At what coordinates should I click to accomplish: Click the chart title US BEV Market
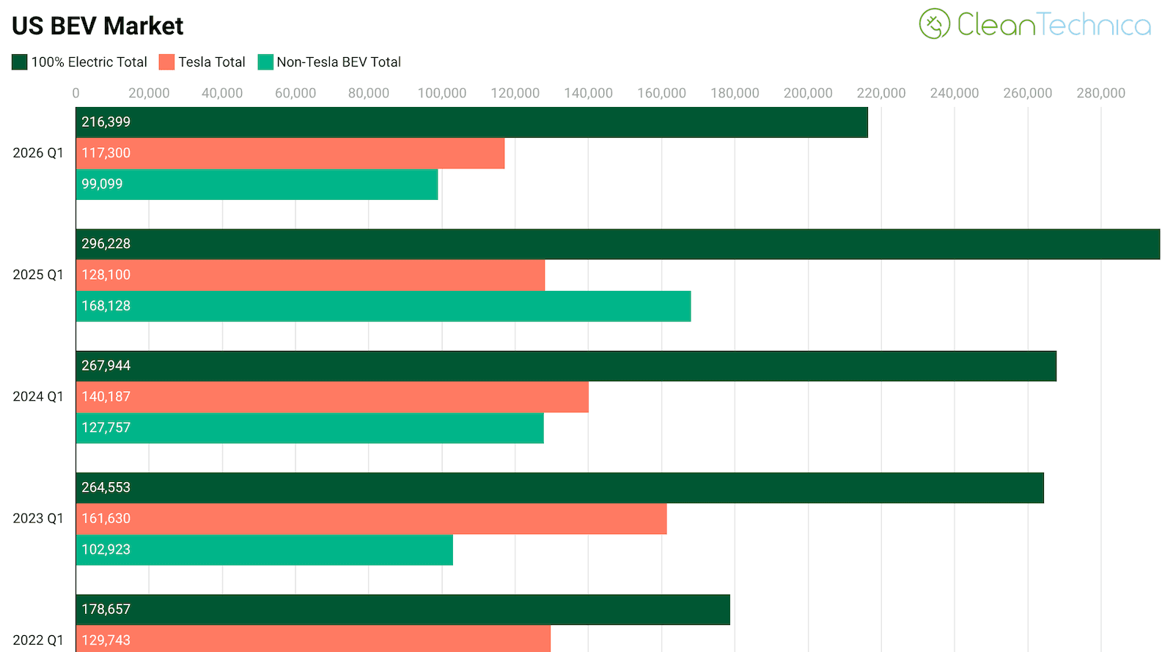(x=98, y=26)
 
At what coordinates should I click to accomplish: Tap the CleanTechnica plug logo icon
(x=935, y=24)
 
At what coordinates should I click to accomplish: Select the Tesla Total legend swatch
(x=166, y=62)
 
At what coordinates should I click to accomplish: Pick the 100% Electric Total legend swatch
(x=20, y=62)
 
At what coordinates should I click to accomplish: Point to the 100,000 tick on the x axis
(x=442, y=93)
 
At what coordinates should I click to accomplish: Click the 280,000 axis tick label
(x=1100, y=93)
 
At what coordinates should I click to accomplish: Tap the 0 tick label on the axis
(x=76, y=93)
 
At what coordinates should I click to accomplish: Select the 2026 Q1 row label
(x=38, y=153)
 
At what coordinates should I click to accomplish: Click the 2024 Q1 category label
(x=38, y=396)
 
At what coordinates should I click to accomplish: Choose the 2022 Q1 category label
(x=38, y=640)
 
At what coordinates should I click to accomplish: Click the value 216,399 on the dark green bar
(x=106, y=122)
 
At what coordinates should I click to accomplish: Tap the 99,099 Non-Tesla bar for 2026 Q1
(x=257, y=185)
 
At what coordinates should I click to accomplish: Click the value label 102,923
(x=106, y=549)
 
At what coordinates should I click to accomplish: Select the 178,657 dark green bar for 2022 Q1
(x=402, y=610)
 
